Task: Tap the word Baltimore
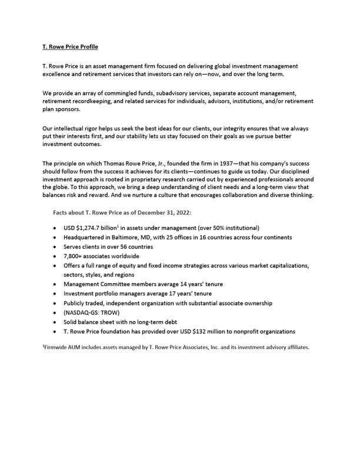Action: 139,237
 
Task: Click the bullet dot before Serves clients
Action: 55,247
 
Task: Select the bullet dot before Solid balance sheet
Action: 55,322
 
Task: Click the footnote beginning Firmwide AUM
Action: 176,347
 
